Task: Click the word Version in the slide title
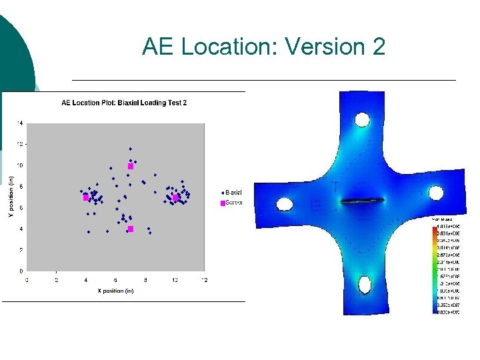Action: (x=321, y=47)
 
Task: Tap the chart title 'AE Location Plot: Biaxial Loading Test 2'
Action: (x=124, y=103)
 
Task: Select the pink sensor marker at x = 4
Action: (x=86, y=197)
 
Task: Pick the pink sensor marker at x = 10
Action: (x=175, y=197)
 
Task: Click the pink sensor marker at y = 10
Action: (x=131, y=166)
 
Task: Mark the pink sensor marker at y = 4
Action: (x=131, y=229)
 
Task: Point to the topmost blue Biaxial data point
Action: (x=131, y=149)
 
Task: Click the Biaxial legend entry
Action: (x=232, y=193)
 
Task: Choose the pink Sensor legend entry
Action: (x=232, y=203)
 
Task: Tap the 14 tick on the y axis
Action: (x=20, y=123)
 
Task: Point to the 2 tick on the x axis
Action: (x=57, y=279)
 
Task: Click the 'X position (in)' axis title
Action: (x=115, y=291)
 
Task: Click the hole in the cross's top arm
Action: (x=362, y=120)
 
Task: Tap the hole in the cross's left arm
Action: (x=285, y=203)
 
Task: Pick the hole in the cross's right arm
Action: (x=436, y=193)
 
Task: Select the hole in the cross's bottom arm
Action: (x=365, y=285)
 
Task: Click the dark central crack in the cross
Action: (x=362, y=201)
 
